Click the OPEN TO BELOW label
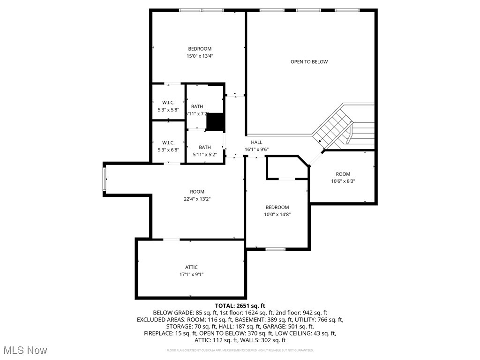pyautogui.click(x=309, y=62)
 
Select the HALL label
pyautogui.click(x=256, y=142)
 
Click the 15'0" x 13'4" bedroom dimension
pyautogui.click(x=200, y=56)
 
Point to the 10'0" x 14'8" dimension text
pyautogui.click(x=277, y=214)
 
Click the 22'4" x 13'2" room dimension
pyautogui.click(x=197, y=199)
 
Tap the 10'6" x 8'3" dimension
pyautogui.click(x=343, y=181)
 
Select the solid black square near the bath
pyautogui.click(x=216, y=122)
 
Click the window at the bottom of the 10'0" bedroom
pyautogui.click(x=276, y=249)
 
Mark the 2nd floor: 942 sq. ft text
pyautogui.click(x=300, y=313)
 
